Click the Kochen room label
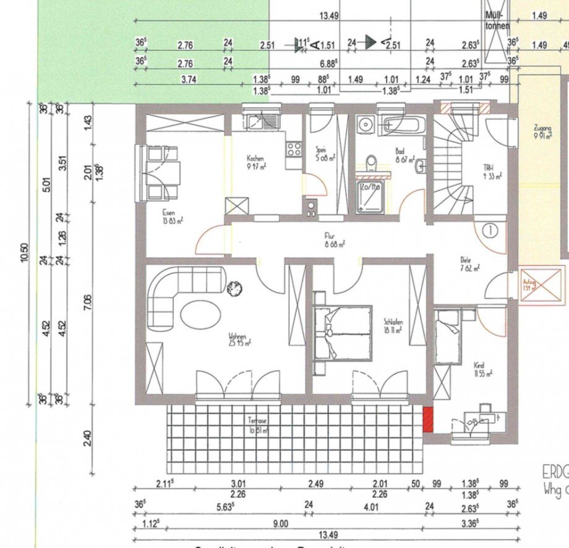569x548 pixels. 255,158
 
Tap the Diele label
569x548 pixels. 465,260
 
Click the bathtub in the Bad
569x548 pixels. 402,126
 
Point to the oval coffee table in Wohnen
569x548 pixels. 200,314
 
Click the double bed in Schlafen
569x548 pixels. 343,332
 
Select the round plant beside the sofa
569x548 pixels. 235,288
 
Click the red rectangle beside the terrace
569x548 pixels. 428,420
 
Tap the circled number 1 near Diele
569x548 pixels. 490,231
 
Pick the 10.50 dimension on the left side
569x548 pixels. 25,254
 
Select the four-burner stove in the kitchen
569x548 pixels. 293,149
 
